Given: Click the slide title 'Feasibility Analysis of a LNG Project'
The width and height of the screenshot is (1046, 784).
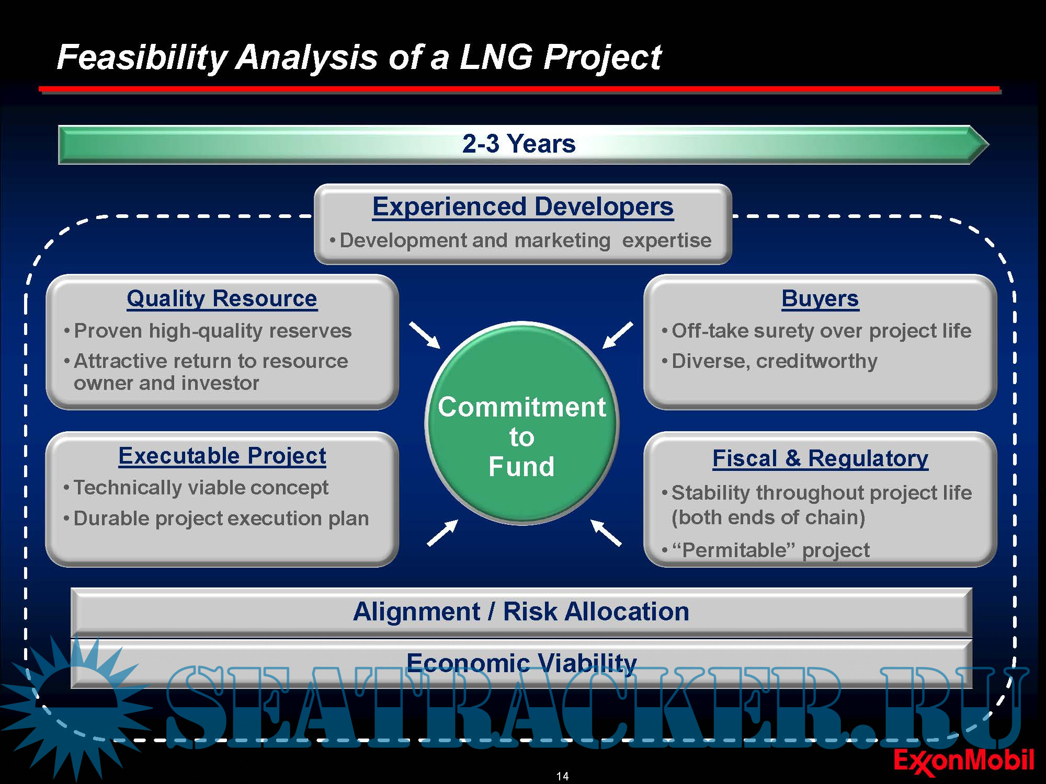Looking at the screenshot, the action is click(359, 57).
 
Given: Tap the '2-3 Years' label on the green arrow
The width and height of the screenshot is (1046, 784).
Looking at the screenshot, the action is click(519, 143).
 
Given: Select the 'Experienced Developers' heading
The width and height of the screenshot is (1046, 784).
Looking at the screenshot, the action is click(523, 206).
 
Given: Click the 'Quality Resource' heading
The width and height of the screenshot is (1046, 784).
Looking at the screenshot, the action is click(222, 298).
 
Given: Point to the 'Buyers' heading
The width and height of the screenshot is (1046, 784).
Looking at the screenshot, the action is click(820, 298).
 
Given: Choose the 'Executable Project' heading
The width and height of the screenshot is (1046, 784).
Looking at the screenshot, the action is click(222, 456).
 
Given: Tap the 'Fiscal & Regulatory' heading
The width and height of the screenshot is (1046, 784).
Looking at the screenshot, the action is click(820, 458).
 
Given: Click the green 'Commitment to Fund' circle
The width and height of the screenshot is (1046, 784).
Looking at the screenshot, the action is click(522, 423).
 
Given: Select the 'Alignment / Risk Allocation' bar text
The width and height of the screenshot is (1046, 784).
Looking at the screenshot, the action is click(521, 612).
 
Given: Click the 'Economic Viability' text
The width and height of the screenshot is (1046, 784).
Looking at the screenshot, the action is click(521, 662).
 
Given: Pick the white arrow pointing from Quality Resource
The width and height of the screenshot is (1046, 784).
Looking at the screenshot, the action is click(425, 335).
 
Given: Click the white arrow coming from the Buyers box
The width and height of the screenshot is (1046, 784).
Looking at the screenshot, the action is click(618, 335).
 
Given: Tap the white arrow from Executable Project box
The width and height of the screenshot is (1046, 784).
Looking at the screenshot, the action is click(442, 533).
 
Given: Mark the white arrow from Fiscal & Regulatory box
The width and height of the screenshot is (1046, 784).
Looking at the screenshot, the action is click(606, 533).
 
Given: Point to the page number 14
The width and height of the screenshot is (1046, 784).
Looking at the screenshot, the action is click(563, 776).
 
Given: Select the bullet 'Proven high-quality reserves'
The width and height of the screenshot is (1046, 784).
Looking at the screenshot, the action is click(212, 331).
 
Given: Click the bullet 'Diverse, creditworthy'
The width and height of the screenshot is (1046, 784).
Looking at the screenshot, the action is click(775, 361).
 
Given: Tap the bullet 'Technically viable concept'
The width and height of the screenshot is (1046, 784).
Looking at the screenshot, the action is click(201, 488).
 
